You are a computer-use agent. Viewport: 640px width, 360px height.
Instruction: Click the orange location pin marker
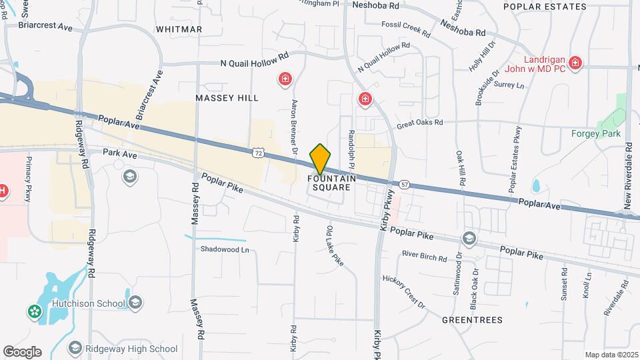(320, 159)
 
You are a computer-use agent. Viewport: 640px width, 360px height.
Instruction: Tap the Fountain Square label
(331, 183)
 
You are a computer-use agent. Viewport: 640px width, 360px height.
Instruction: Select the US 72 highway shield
(258, 153)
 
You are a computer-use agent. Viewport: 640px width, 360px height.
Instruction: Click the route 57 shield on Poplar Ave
(405, 183)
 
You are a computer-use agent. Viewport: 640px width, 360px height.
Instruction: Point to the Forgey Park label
(596, 133)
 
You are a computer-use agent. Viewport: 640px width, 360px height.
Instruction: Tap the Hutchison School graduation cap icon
(135, 303)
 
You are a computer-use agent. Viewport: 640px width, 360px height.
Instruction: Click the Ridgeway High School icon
(75, 348)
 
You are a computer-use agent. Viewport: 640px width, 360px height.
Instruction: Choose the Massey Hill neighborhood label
(227, 98)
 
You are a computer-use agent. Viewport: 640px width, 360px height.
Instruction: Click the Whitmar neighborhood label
(178, 29)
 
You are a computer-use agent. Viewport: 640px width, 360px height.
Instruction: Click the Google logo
(22, 351)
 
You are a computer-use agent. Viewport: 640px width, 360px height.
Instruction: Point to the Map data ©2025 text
(611, 355)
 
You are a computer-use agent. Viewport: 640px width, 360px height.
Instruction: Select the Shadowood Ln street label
(225, 250)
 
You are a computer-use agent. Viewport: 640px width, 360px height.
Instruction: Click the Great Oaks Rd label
(419, 123)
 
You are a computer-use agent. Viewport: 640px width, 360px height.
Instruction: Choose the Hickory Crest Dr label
(403, 291)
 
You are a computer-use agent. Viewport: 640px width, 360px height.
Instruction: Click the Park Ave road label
(119, 153)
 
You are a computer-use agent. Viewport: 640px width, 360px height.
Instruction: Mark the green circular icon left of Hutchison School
(33, 311)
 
